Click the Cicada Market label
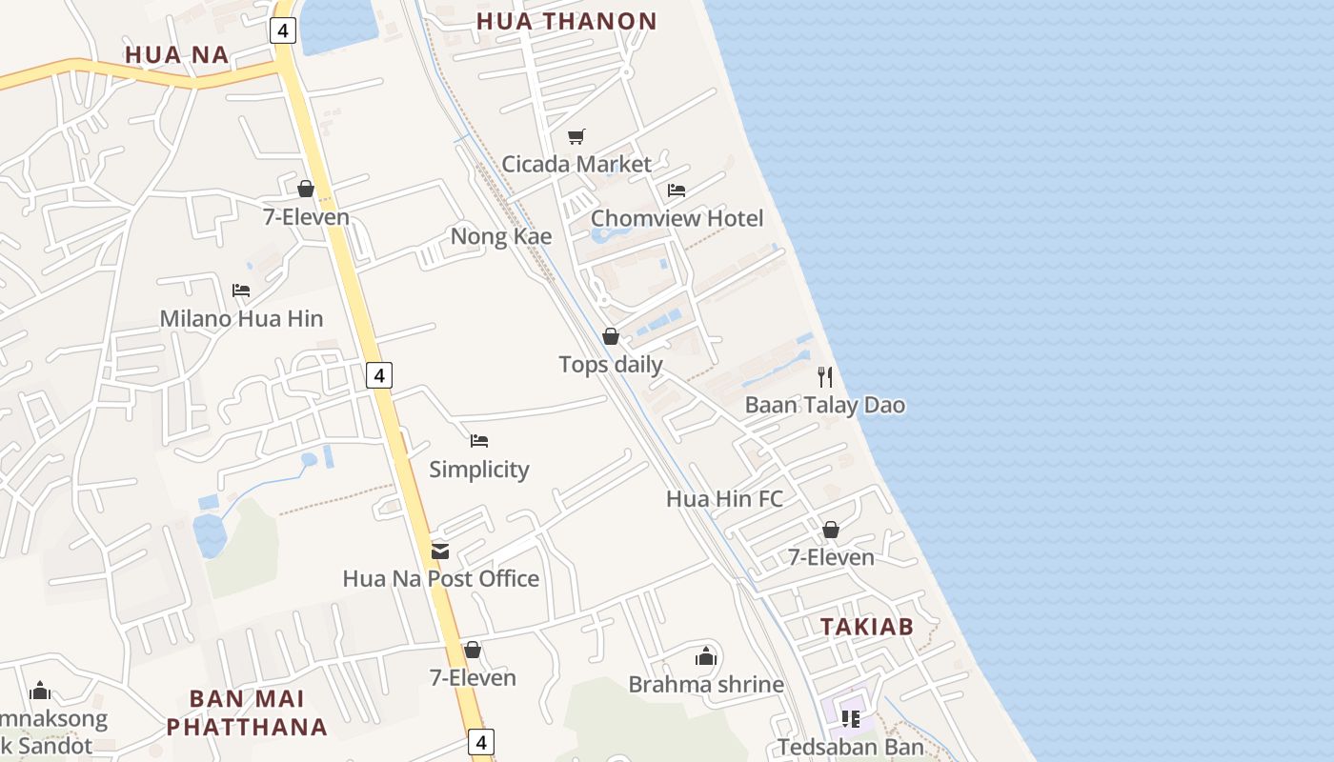[x=576, y=164]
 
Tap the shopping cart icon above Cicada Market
[x=576, y=137]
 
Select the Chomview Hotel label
[x=677, y=218]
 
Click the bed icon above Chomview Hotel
[x=677, y=190]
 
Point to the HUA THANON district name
[x=566, y=21]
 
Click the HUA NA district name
[x=177, y=55]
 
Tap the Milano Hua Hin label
[x=241, y=318]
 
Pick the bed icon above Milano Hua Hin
[x=241, y=291]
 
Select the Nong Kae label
[x=501, y=236]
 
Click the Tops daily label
[x=611, y=364]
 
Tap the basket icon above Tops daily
[x=611, y=336]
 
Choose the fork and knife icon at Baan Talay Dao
[x=825, y=377]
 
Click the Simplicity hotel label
[x=478, y=469]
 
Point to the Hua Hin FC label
[x=724, y=498]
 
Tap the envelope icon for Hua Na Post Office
[x=440, y=551]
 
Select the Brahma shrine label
[x=706, y=684]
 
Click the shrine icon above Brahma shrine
[x=706, y=656]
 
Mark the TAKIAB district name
[x=867, y=627]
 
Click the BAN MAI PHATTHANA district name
[x=247, y=712]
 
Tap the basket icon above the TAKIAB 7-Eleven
[x=831, y=530]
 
